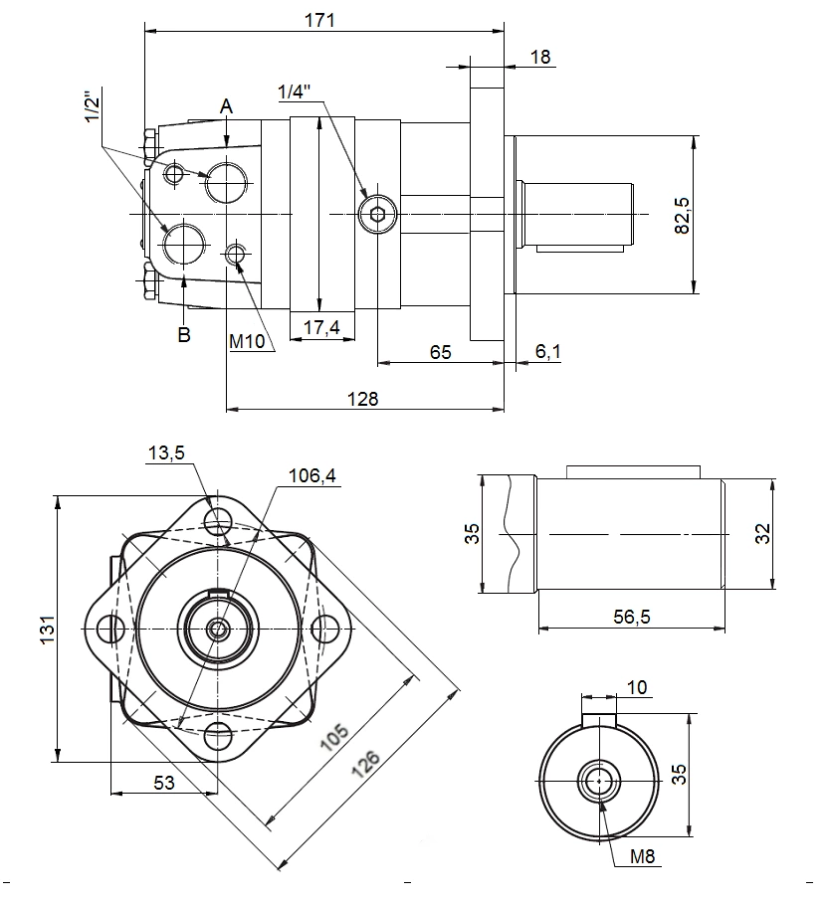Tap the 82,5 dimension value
click(x=682, y=215)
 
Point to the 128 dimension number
click(x=363, y=398)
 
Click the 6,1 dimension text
click(x=548, y=351)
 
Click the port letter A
click(x=227, y=105)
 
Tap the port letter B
click(x=184, y=334)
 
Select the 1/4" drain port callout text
click(x=295, y=92)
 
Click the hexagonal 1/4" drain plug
click(x=377, y=215)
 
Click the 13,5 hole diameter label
click(x=166, y=453)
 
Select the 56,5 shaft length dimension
click(x=631, y=618)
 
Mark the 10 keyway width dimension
click(x=637, y=687)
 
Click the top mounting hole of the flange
click(x=218, y=519)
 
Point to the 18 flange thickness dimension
click(x=540, y=57)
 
